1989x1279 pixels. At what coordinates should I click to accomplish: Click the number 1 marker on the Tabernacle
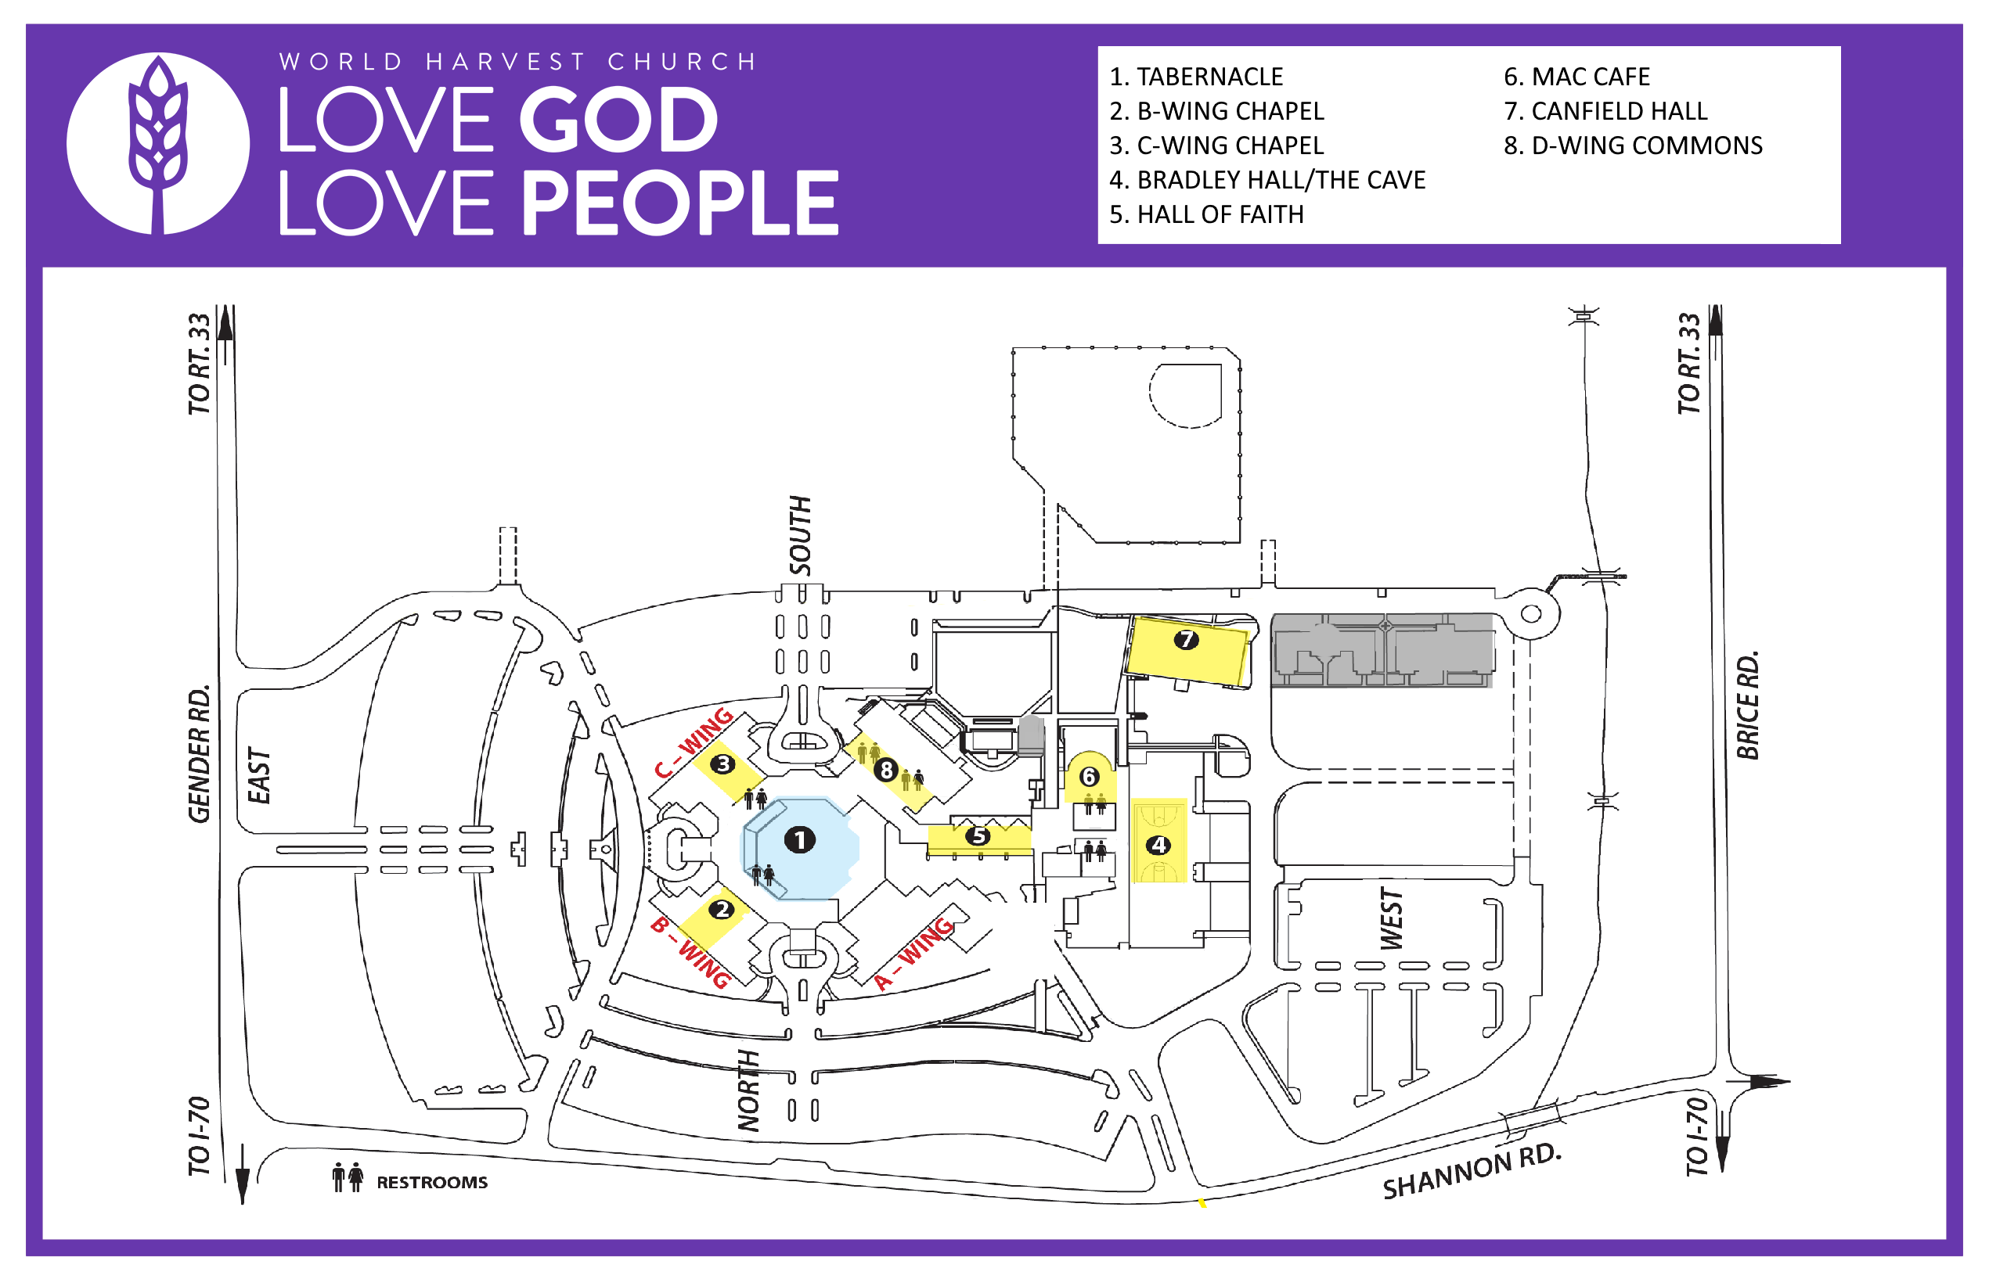(799, 839)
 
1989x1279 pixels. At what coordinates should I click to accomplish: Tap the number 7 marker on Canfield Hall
(1186, 640)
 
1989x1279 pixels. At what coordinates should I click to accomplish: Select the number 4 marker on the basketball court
(1158, 846)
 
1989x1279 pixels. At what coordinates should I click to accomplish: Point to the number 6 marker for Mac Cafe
(1088, 777)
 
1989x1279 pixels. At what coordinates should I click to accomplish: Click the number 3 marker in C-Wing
(722, 764)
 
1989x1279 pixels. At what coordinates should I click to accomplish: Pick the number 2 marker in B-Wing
(722, 910)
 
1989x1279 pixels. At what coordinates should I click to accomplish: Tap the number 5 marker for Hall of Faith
(978, 835)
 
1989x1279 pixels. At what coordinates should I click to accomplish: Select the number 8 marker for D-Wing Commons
(885, 771)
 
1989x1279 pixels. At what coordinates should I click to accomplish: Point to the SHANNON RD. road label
(1472, 1171)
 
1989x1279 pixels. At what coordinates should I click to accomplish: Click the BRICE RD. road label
(1747, 705)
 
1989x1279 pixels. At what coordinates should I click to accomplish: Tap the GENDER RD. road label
(200, 754)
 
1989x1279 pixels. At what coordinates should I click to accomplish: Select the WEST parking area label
(1391, 918)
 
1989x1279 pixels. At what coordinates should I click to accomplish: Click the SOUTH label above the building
(800, 536)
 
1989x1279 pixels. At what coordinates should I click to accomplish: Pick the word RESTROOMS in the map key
(432, 1183)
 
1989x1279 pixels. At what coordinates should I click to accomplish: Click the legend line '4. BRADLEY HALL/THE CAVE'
(1267, 179)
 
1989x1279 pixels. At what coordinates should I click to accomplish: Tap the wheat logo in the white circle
(157, 143)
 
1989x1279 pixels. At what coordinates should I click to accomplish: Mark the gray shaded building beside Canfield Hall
(1382, 650)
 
